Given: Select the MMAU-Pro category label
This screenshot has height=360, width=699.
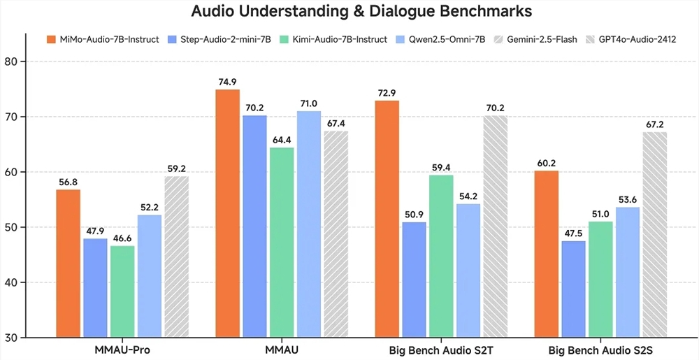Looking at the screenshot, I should point(122,349).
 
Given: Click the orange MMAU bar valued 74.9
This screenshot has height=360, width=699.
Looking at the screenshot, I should point(228,213).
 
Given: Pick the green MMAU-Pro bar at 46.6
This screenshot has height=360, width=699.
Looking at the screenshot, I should point(122,291).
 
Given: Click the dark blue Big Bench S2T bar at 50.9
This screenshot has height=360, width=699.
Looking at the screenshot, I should point(414,280).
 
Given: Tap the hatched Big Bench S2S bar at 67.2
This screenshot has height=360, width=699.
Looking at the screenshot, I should point(654,234).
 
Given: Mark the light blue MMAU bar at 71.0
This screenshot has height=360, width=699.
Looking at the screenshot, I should point(308,224).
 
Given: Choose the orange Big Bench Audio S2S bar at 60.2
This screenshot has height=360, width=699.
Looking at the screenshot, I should point(547,254).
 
